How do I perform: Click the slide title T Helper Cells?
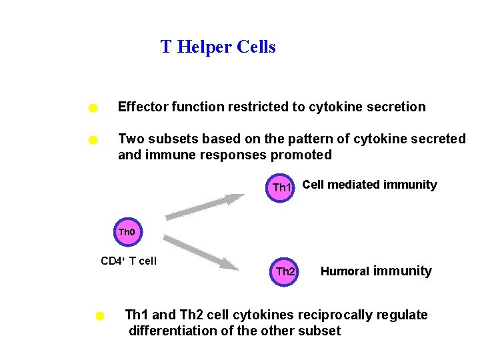[218, 47]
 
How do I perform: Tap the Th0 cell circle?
[127, 233]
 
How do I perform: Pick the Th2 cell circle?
[285, 271]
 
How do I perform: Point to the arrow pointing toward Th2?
[201, 253]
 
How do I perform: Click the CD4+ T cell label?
[129, 261]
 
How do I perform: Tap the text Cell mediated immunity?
[369, 185]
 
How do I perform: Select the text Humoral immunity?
[376, 271]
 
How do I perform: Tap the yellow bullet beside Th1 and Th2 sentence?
[99, 315]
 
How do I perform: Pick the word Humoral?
[345, 271]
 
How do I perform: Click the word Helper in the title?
[204, 47]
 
